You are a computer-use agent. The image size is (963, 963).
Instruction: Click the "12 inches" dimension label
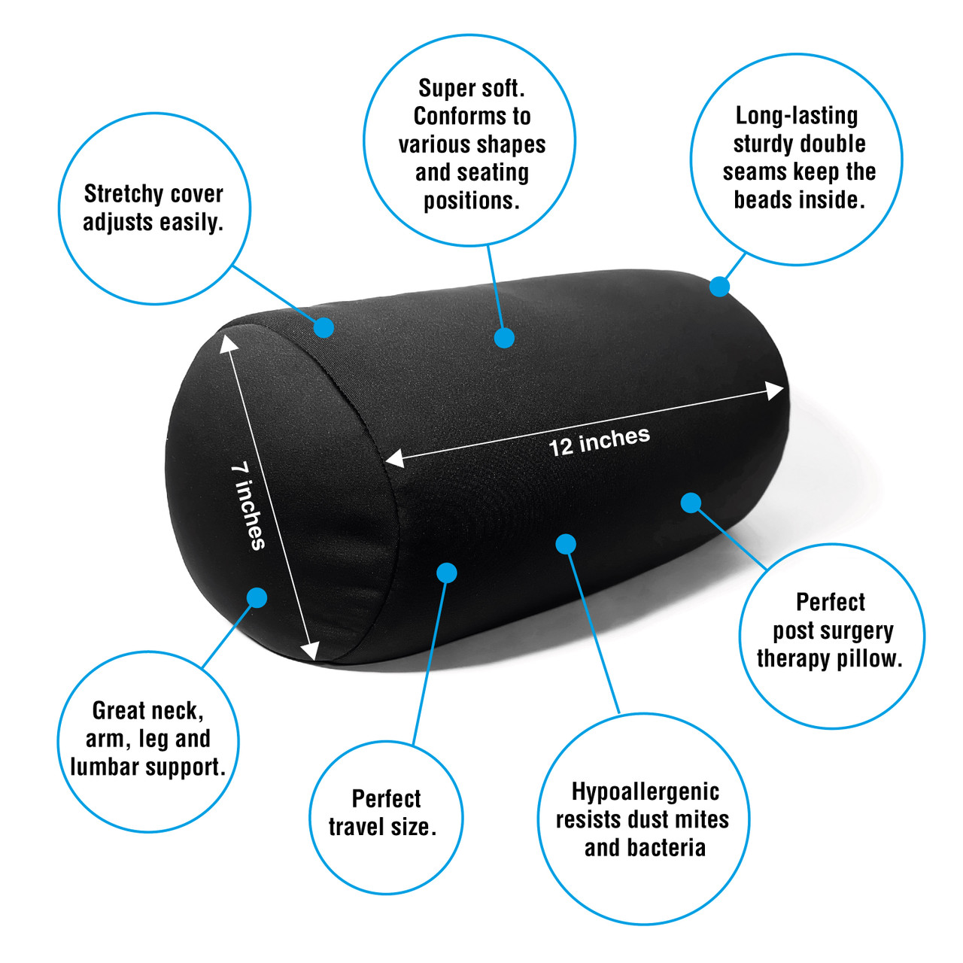pyautogui.click(x=599, y=442)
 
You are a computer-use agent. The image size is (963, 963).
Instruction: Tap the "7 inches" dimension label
pyautogui.click(x=248, y=506)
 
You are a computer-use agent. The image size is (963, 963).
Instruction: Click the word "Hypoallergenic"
pyautogui.click(x=646, y=792)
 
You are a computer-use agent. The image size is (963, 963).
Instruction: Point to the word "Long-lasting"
pyautogui.click(x=797, y=117)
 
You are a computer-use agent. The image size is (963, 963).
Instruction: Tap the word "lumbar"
pyautogui.click(x=105, y=767)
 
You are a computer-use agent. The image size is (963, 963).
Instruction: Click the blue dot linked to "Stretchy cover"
pyautogui.click(x=324, y=327)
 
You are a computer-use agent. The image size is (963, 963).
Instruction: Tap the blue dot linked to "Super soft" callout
pyautogui.click(x=504, y=338)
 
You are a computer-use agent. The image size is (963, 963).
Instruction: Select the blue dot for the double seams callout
pyautogui.click(x=720, y=287)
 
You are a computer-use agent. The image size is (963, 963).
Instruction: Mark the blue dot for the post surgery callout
pyautogui.click(x=691, y=503)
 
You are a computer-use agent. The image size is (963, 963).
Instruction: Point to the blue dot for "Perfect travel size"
pyautogui.click(x=447, y=573)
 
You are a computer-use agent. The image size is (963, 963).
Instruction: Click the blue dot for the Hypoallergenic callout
pyautogui.click(x=566, y=544)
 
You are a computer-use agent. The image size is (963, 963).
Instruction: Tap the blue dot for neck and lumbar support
pyautogui.click(x=257, y=597)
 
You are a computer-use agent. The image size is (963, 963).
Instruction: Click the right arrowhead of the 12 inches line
pyautogui.click(x=775, y=390)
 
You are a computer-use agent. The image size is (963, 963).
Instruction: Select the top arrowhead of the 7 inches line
pyautogui.click(x=228, y=343)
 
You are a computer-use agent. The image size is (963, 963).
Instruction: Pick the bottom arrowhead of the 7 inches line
pyautogui.click(x=310, y=652)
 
